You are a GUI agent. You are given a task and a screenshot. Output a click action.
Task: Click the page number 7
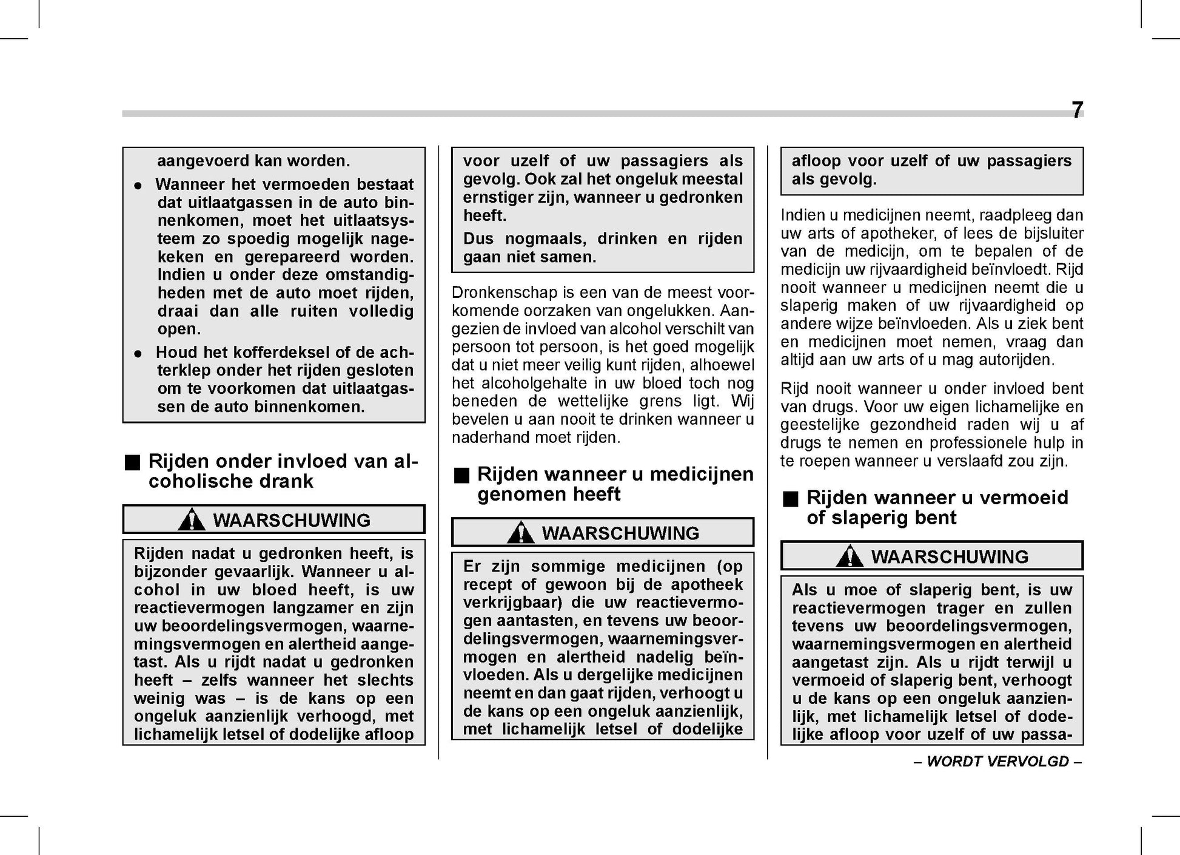(x=1076, y=110)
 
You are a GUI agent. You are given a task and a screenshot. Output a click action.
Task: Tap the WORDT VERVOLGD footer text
(x=997, y=762)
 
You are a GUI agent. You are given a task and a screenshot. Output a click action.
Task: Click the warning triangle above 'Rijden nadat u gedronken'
(x=192, y=521)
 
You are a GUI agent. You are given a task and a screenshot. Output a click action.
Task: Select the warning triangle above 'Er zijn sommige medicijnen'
(x=520, y=533)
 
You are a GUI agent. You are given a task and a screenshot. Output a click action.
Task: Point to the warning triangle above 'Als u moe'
(x=850, y=557)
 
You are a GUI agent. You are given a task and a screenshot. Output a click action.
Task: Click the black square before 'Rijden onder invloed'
(x=132, y=462)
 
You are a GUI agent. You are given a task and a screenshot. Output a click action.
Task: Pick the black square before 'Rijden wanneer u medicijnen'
(x=461, y=475)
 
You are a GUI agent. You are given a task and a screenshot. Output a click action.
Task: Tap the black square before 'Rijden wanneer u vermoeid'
(x=790, y=499)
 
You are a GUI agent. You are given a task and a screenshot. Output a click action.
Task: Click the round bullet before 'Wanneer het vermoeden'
(x=138, y=186)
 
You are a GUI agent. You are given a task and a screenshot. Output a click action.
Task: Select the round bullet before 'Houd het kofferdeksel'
(x=138, y=353)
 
